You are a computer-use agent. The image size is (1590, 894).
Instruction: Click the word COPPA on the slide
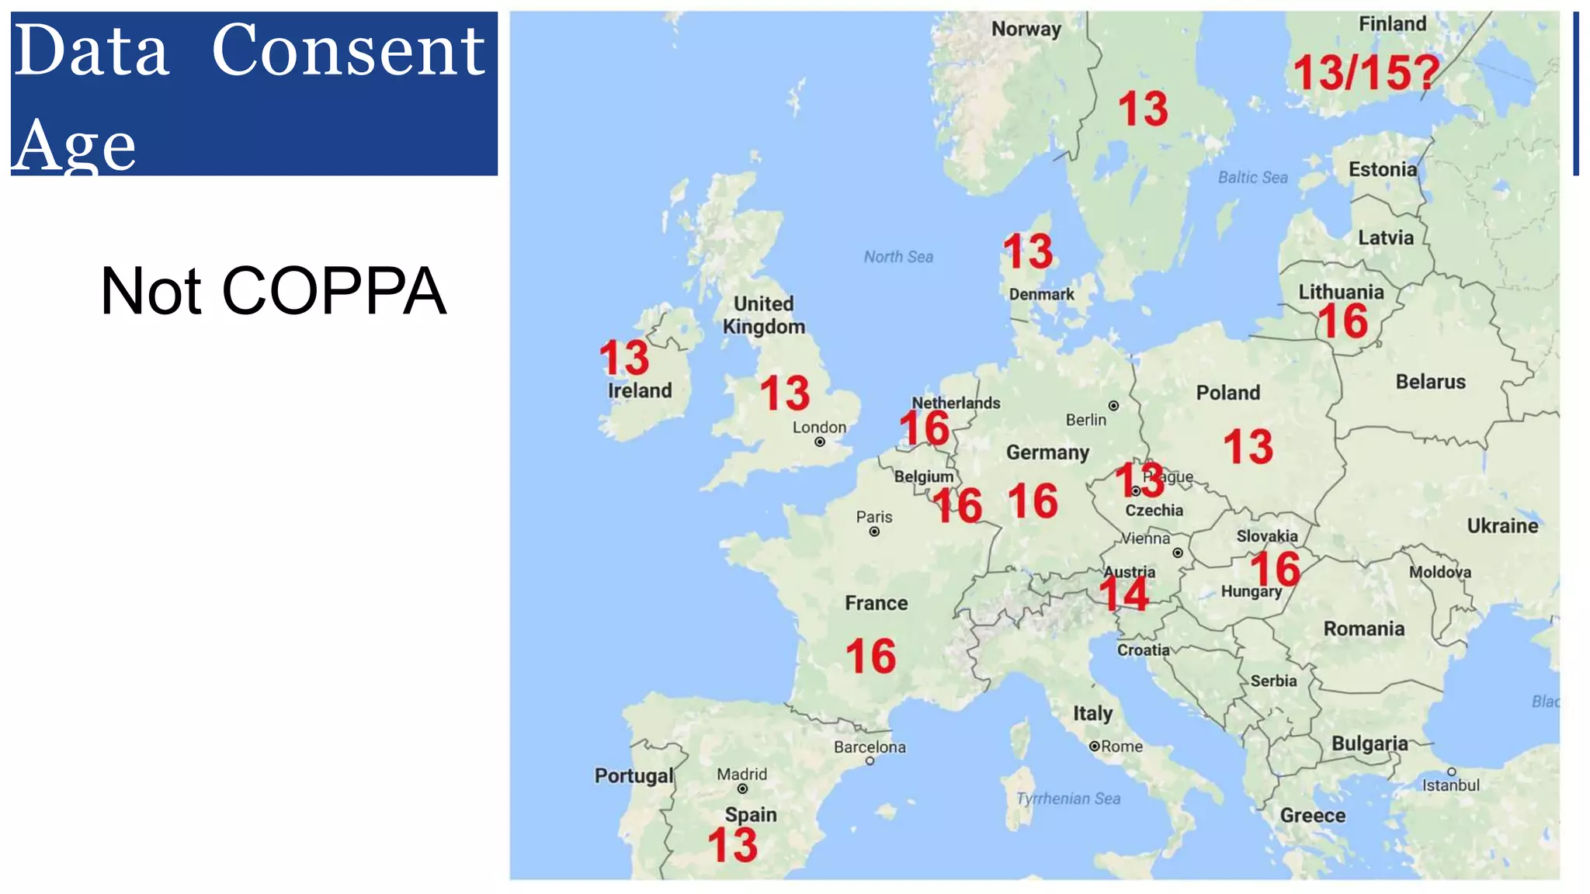tap(334, 291)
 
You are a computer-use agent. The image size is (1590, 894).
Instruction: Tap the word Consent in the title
tap(348, 50)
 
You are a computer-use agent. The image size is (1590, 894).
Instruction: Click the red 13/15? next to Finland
tap(1366, 73)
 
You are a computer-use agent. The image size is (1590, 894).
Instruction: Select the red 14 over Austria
tap(1123, 594)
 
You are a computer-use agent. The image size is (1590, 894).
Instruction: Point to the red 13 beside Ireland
tap(624, 358)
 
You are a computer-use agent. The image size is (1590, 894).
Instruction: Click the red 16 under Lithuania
tap(1343, 321)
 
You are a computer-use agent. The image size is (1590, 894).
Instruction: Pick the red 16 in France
tap(870, 657)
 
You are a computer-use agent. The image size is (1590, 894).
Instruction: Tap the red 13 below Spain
tap(732, 845)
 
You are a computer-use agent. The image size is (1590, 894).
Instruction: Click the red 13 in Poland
tap(1248, 447)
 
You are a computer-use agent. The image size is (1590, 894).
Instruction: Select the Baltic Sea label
tap(1252, 178)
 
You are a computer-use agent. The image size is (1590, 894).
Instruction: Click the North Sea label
tap(898, 257)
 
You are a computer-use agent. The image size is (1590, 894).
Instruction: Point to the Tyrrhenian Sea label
tap(1068, 799)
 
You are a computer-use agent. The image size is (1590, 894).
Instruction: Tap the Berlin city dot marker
tap(1113, 406)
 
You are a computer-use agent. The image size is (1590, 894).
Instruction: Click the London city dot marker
tap(820, 442)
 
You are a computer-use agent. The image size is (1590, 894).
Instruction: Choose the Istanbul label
tap(1450, 785)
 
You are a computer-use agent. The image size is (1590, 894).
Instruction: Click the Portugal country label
tap(634, 776)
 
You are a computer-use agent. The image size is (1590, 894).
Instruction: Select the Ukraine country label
tap(1502, 526)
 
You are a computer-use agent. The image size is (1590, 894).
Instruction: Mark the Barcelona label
tap(870, 747)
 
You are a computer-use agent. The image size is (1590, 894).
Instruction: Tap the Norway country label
tap(1026, 29)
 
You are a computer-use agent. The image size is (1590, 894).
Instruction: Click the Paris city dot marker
tap(874, 532)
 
